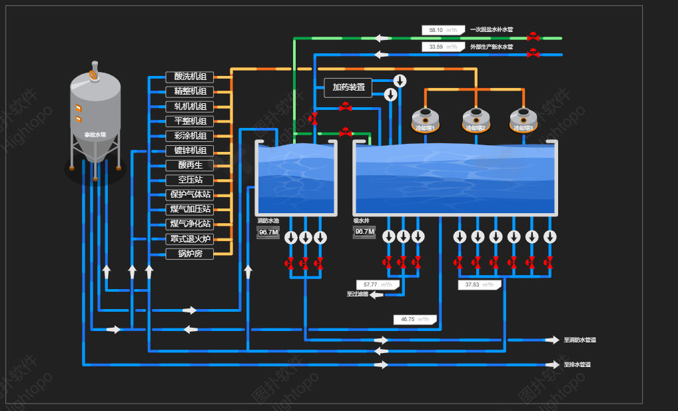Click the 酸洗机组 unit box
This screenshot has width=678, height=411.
(x=190, y=77)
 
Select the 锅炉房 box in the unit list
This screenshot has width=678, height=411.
(x=190, y=254)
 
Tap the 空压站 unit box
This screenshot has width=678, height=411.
(x=190, y=180)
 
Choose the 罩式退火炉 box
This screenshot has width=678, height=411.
(x=190, y=239)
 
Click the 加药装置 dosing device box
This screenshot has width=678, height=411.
(x=348, y=87)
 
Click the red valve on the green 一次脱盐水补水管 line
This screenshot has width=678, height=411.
(x=533, y=38)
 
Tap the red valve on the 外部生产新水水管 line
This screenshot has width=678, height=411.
(x=533, y=55)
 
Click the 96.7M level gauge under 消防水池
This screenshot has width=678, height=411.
(x=268, y=232)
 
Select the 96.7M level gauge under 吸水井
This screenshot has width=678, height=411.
(x=364, y=232)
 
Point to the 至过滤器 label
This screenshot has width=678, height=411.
(x=357, y=294)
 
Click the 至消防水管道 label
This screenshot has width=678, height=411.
(x=579, y=340)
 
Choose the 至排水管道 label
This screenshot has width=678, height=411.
(x=577, y=364)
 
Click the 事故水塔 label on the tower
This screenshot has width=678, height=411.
(x=95, y=135)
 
